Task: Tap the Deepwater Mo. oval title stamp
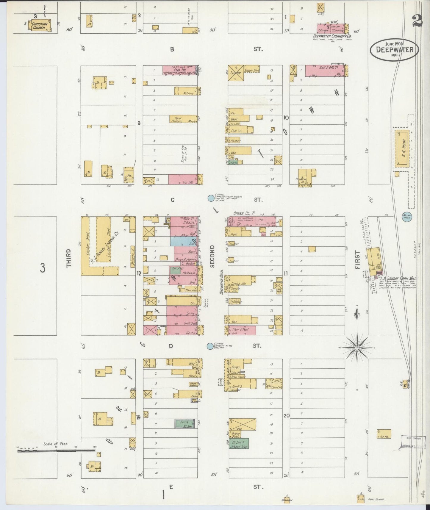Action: pyautogui.click(x=395, y=50)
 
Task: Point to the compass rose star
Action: pyautogui.click(x=357, y=348)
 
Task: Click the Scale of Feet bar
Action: pyautogui.click(x=57, y=451)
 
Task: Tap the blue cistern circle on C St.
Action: pyautogui.click(x=211, y=198)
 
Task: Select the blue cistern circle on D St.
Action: pyautogui.click(x=210, y=346)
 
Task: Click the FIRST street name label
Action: pyautogui.click(x=357, y=260)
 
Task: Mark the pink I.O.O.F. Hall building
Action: pyautogui.click(x=180, y=70)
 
